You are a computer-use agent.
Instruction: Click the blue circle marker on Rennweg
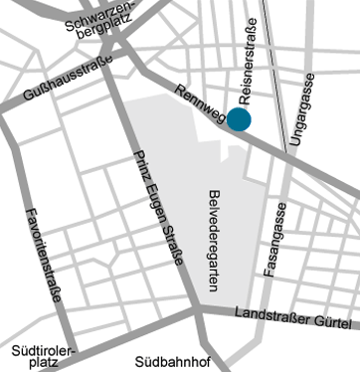click(x=239, y=119)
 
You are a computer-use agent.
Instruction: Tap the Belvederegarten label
click(x=214, y=239)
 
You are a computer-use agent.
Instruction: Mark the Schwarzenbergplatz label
click(x=96, y=28)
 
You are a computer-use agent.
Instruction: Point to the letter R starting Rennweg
click(x=178, y=90)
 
